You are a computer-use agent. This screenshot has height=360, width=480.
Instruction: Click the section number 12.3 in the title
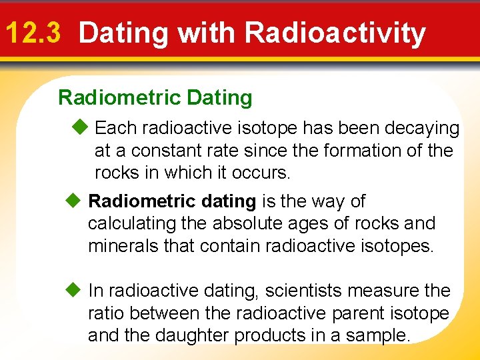coord(34,33)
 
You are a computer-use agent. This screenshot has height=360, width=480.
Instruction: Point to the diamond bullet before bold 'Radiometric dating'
coord(74,201)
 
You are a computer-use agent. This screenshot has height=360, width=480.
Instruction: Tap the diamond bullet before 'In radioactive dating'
coord(74,291)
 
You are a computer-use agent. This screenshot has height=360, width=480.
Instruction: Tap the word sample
coord(378,336)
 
